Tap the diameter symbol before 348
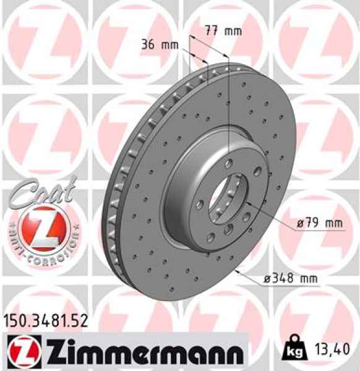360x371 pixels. pos(268,280)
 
